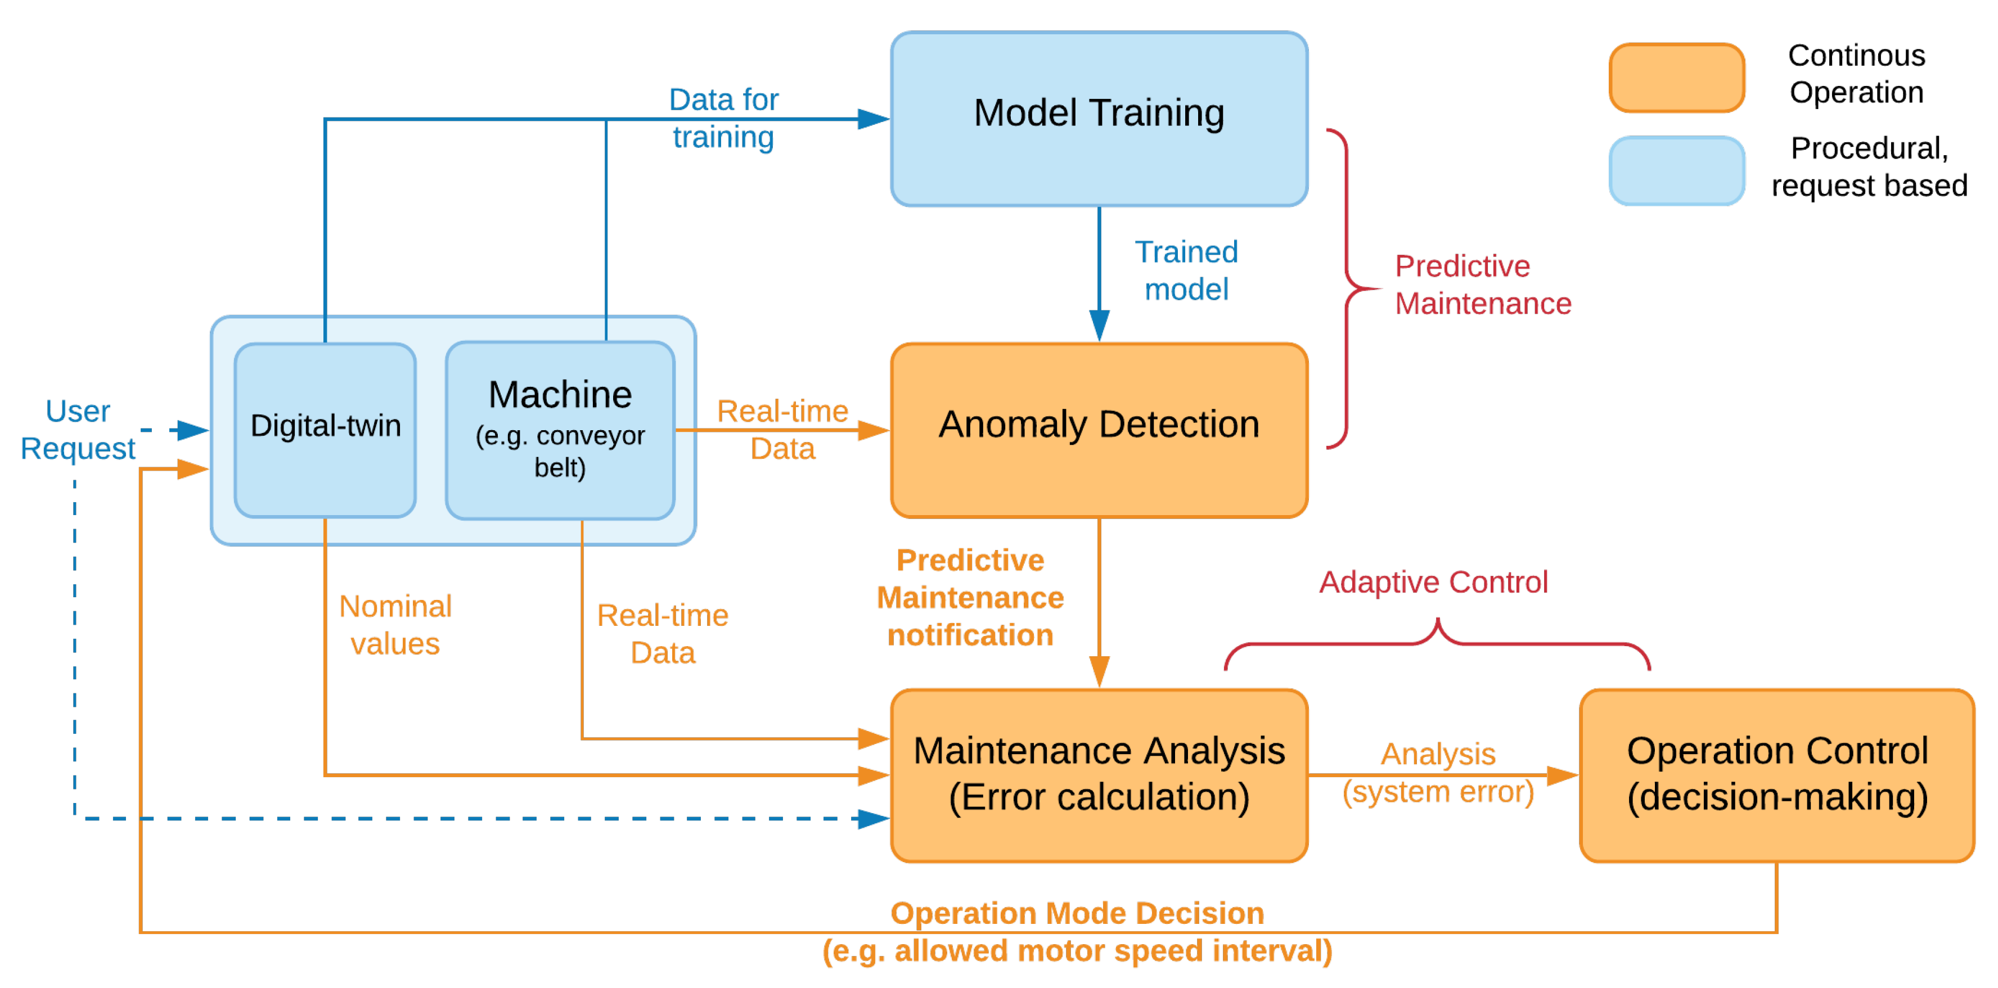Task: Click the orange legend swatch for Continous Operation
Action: [x=1676, y=77]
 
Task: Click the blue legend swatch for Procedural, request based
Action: [x=1676, y=170]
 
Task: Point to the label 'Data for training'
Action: [x=723, y=118]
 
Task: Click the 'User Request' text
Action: [x=78, y=429]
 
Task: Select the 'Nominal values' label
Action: [x=395, y=624]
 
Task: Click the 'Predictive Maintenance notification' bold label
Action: [x=970, y=597]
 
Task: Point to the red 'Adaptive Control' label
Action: [x=1433, y=581]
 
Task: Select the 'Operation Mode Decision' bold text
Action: [x=1077, y=913]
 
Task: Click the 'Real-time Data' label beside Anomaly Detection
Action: [x=782, y=429]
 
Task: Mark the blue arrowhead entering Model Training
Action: [x=874, y=119]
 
